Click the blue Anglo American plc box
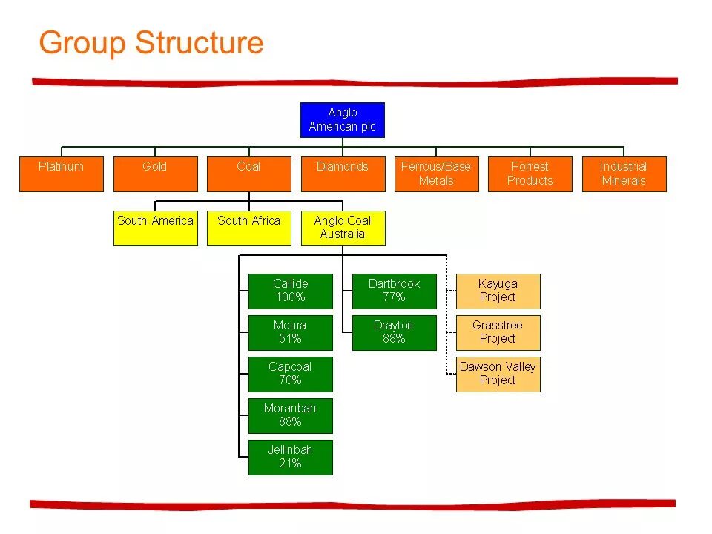pyautogui.click(x=343, y=120)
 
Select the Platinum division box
pyautogui.click(x=61, y=174)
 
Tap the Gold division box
pyautogui.click(x=155, y=174)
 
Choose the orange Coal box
pyautogui.click(x=248, y=174)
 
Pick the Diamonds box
pyautogui.click(x=343, y=174)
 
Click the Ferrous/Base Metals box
pyautogui.click(x=436, y=174)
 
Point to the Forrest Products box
pyautogui.click(x=530, y=174)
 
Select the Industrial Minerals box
pyautogui.click(x=624, y=174)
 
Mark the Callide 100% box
pyautogui.click(x=290, y=291)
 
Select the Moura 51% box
pyautogui.click(x=290, y=333)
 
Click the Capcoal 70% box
pyautogui.click(x=290, y=375)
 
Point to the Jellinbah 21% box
pyautogui.click(x=290, y=458)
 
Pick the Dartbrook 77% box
pyautogui.click(x=394, y=291)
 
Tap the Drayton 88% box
pyautogui.click(x=394, y=333)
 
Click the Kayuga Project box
pyautogui.click(x=498, y=291)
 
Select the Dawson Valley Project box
pyautogui.click(x=498, y=375)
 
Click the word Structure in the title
pyautogui.click(x=199, y=43)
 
